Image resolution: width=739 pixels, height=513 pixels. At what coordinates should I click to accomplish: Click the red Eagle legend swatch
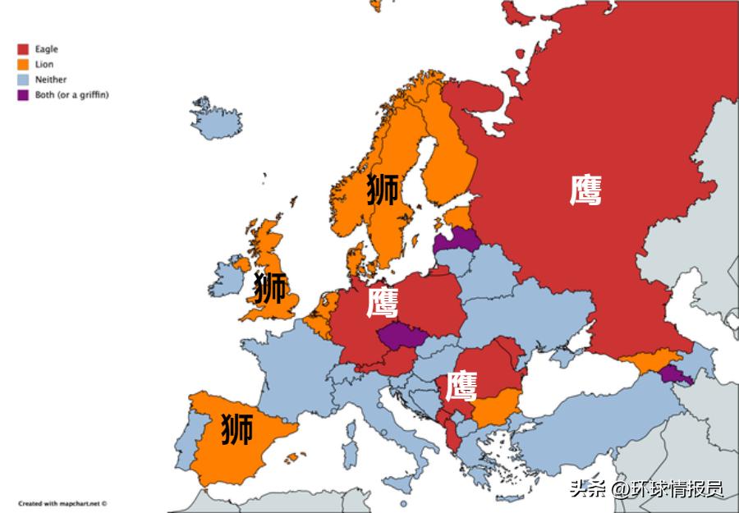click(24, 49)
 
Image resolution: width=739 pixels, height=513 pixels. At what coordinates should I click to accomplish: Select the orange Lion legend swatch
click(24, 64)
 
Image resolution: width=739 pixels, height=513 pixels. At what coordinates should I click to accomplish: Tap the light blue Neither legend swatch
click(24, 80)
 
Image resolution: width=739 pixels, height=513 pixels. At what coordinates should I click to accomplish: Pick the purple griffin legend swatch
click(24, 94)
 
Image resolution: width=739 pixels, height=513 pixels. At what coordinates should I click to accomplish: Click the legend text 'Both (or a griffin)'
click(72, 94)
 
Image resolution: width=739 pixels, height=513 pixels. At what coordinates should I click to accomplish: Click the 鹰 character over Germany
click(382, 302)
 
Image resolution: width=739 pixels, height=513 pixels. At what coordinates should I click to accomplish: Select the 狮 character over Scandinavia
click(383, 189)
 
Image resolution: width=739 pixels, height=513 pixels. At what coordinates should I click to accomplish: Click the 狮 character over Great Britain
click(270, 288)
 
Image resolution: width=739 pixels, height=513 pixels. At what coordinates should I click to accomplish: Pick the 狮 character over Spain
click(236, 429)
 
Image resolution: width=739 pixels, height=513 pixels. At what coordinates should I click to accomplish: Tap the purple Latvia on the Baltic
click(458, 239)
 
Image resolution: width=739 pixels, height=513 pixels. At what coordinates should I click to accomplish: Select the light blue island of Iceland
click(217, 120)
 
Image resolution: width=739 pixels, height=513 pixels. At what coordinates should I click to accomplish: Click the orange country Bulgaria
click(498, 405)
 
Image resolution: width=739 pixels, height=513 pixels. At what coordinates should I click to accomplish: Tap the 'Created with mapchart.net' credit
click(63, 503)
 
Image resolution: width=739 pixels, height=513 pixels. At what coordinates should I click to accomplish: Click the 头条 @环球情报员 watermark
click(646, 489)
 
